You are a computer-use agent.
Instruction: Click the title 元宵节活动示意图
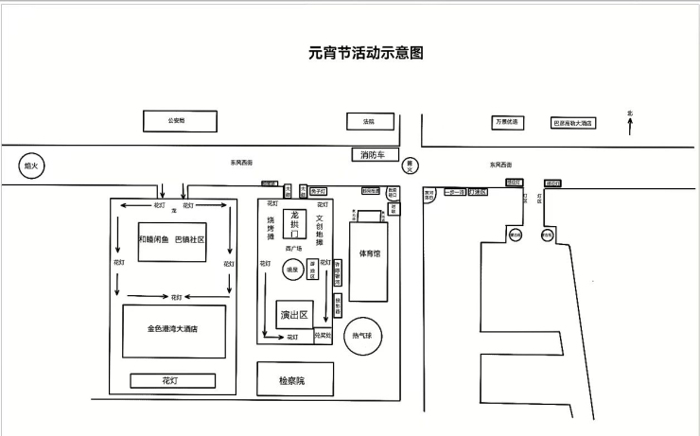pos(365,54)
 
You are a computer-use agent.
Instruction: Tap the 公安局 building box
pos(179,121)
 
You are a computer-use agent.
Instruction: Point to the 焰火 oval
pos(31,166)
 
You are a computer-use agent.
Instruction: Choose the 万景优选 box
pos(506,122)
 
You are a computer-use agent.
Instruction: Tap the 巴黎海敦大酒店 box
pos(573,123)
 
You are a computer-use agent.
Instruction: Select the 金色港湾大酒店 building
pos(174,330)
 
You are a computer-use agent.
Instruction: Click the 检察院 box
pos(292,380)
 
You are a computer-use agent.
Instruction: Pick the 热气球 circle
pos(363,336)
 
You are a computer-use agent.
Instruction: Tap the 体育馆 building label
pos(370,253)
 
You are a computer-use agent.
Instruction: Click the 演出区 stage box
pos(294,314)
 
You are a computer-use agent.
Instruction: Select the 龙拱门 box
pos(295,223)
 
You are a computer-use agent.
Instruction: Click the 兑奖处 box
pos(323,335)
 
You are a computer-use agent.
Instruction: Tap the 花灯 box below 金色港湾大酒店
pos(171,380)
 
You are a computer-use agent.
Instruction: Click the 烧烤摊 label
pos(270,227)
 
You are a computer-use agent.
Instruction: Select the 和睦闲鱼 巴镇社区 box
pos(171,240)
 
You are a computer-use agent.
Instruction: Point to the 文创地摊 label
pos(321,228)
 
